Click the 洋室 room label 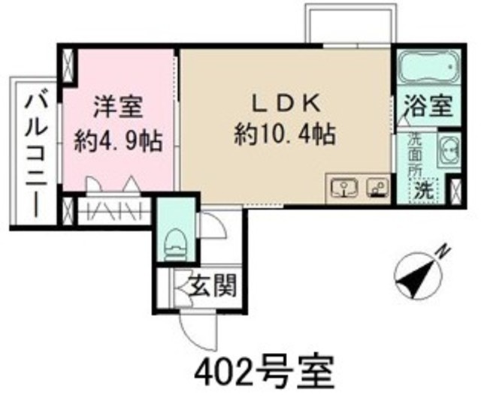point(119,107)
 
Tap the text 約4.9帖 point(119,140)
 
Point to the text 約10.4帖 point(285,135)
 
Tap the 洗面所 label point(415,154)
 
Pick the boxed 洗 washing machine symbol point(425,190)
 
